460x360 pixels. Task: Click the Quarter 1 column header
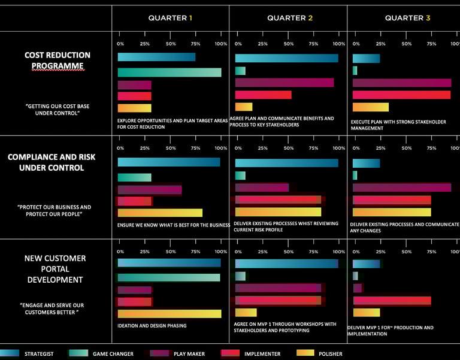[170, 18]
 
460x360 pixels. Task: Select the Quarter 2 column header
[290, 18]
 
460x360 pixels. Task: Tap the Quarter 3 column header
[407, 18]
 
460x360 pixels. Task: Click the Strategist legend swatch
[8, 353]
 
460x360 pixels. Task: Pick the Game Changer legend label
[113, 354]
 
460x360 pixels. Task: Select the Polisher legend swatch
[305, 353]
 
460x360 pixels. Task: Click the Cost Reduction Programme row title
[57, 60]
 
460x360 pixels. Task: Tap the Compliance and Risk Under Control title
[52, 162]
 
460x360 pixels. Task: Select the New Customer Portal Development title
[55, 269]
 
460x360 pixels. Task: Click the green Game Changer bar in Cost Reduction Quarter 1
[170, 72]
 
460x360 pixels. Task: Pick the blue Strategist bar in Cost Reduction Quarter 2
[286, 58]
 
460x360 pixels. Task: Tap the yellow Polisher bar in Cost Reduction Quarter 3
[370, 107]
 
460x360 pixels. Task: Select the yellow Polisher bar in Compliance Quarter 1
[160, 213]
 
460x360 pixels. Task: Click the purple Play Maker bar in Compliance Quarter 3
[401, 187]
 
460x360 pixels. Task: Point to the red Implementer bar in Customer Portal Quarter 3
[392, 300]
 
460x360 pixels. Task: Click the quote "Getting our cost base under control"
[57, 110]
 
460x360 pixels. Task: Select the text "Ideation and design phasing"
[152, 326]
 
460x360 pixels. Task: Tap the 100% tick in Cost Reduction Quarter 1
[220, 44]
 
